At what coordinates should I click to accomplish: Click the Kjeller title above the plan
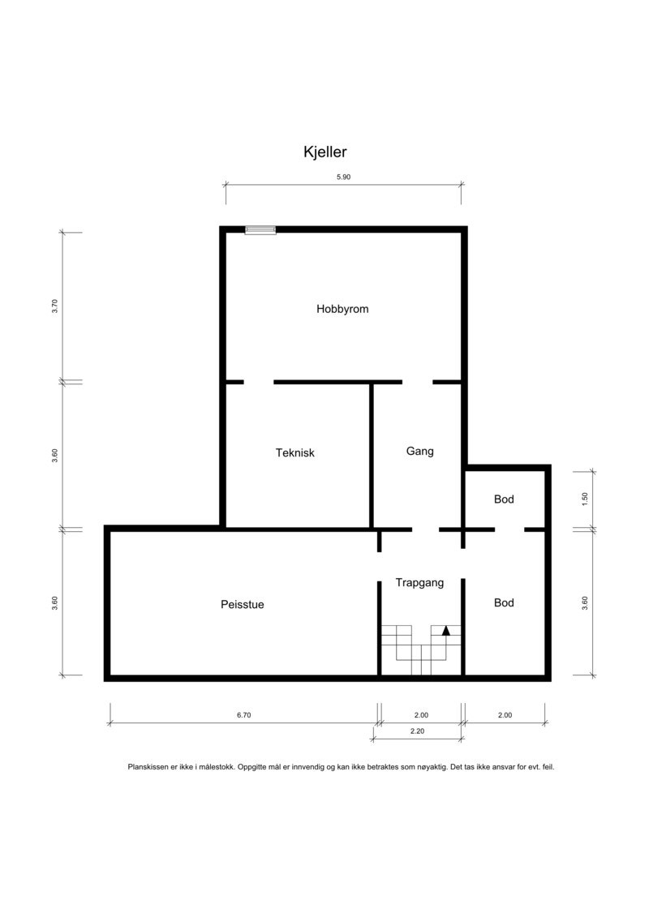[x=325, y=152]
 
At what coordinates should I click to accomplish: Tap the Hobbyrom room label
[x=342, y=309]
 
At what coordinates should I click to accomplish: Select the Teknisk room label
[x=294, y=453]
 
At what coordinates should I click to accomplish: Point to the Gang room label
[x=419, y=451]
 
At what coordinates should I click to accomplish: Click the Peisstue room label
[x=242, y=604]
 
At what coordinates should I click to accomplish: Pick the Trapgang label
[x=419, y=582]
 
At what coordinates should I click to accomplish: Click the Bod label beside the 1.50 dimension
[x=504, y=499]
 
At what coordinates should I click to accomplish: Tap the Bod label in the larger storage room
[x=504, y=603]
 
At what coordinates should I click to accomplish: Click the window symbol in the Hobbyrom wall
[x=260, y=230]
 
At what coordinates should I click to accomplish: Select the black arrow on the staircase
[x=445, y=630]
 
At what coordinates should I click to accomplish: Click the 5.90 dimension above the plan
[x=342, y=177]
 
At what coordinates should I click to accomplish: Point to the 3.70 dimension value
[x=55, y=306]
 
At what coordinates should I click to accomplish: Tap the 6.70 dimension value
[x=243, y=715]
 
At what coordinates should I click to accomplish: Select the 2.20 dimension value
[x=417, y=731]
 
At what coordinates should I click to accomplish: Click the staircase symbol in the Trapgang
[x=421, y=649]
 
